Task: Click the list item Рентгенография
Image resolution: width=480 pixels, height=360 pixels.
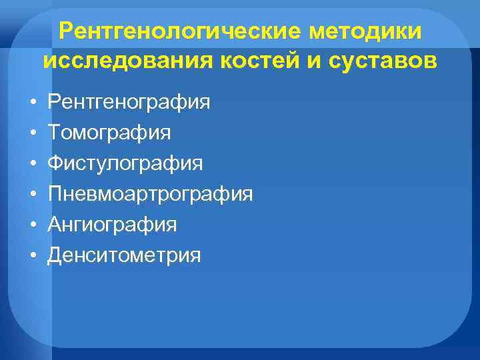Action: tap(129, 103)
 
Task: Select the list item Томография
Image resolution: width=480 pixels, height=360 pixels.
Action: tap(109, 133)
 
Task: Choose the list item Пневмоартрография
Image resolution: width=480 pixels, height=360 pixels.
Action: tap(151, 195)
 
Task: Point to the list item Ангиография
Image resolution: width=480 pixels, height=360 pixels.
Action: tap(113, 225)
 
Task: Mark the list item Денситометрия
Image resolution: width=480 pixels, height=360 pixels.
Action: tap(125, 256)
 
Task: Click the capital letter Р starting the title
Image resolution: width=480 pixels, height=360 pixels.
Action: tap(65, 31)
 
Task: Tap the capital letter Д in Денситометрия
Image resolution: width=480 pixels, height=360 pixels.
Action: tap(56, 256)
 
